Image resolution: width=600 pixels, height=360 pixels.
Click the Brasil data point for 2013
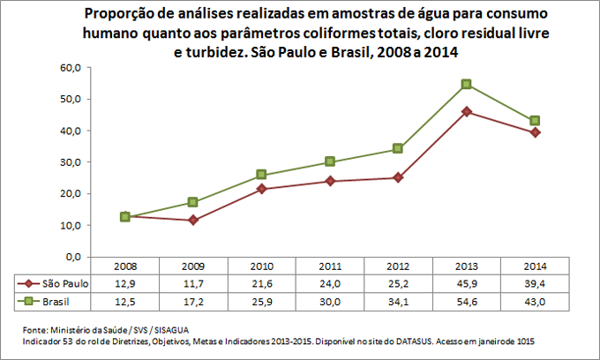point(466,84)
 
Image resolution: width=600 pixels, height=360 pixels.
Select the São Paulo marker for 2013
point(466,111)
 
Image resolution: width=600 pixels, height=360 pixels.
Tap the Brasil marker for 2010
point(262,175)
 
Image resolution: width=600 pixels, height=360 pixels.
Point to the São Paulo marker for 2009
point(193,220)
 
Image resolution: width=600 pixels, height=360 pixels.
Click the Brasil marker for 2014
point(534,120)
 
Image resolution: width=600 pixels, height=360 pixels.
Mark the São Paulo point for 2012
point(398,177)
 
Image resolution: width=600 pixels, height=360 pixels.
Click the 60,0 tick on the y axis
point(71,67)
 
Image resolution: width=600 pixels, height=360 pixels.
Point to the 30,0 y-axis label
point(71,162)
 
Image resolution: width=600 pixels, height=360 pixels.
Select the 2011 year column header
point(329,266)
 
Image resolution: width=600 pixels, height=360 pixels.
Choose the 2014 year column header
point(534,266)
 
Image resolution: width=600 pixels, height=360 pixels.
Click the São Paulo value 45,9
point(466,283)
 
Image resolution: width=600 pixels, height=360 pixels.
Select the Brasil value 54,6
point(466,301)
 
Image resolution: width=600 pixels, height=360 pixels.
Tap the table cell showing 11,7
point(193,283)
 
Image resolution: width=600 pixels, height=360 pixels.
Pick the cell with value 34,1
point(398,301)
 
